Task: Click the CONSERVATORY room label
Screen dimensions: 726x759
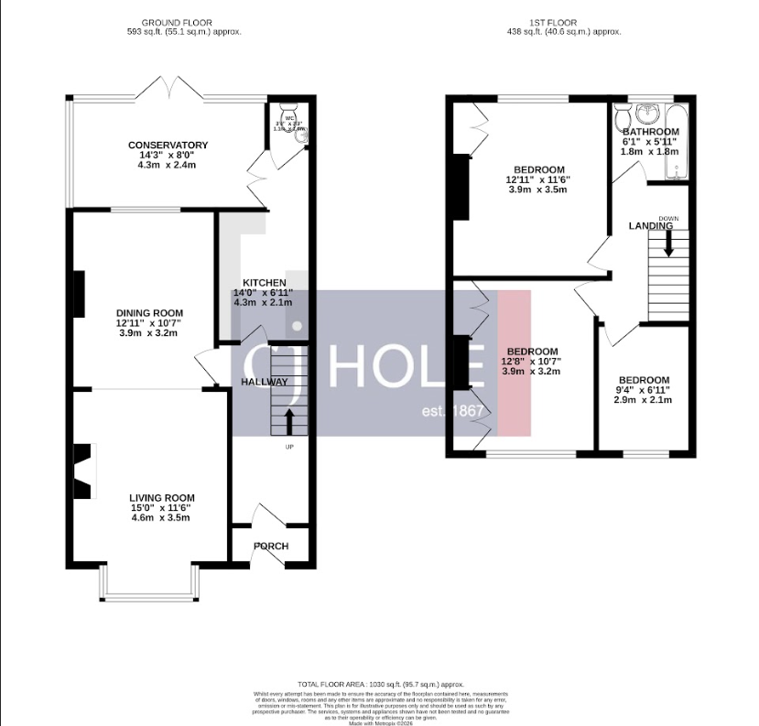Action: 168,146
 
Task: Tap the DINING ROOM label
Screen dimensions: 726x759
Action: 149,312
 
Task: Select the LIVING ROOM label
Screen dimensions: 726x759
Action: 161,498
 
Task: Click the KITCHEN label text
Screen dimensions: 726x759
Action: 264,283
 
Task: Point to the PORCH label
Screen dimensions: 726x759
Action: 271,547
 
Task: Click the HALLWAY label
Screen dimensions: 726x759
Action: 265,382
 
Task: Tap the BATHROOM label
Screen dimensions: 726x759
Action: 651,132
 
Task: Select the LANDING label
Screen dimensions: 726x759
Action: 650,225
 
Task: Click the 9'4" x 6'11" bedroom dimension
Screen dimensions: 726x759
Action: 643,390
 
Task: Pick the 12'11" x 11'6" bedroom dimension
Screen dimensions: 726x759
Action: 538,180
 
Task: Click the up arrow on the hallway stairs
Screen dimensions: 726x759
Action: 290,422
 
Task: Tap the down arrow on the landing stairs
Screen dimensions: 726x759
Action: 668,244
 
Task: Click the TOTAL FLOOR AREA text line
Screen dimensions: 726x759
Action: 380,684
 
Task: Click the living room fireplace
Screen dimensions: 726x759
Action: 84,471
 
